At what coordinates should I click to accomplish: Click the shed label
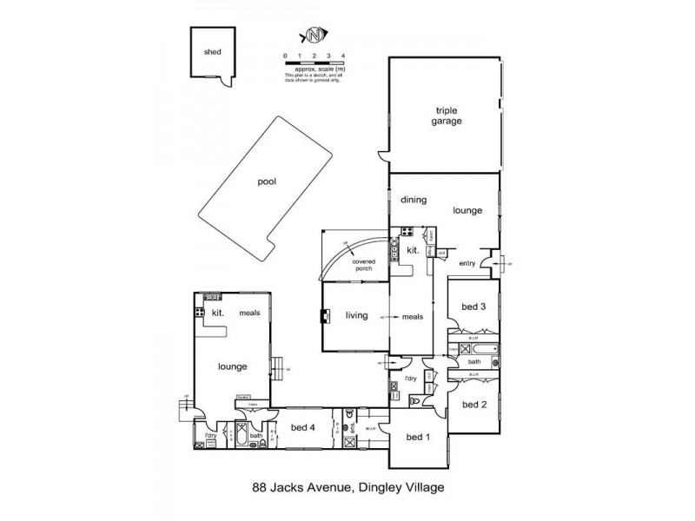[213, 52]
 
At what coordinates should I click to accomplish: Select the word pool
[266, 183]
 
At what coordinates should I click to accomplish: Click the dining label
[414, 200]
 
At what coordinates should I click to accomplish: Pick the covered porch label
[363, 265]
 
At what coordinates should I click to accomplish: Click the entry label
[467, 263]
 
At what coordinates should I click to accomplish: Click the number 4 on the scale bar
[344, 56]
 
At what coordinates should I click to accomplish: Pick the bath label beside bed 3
[473, 361]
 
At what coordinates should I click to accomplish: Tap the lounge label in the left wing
[232, 366]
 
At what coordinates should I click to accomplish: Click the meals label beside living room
[413, 317]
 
